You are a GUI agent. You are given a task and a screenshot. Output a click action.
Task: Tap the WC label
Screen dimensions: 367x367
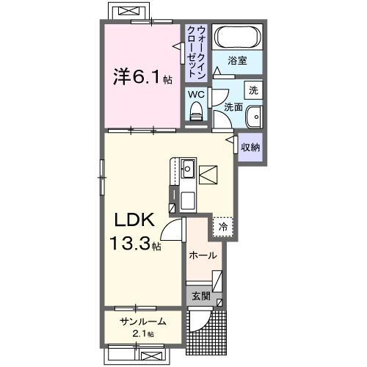195,94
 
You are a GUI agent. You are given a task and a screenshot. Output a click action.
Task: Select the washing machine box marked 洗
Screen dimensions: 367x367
252,91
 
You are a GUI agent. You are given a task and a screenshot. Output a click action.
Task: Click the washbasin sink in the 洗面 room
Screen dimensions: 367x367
253,118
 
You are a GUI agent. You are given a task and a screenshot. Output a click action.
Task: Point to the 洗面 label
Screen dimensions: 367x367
233,106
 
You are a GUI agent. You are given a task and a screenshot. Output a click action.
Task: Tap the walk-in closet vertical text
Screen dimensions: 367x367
197,51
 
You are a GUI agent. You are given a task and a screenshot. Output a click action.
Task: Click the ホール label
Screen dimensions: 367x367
203,255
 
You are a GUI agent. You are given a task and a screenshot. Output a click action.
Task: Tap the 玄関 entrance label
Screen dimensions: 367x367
200,297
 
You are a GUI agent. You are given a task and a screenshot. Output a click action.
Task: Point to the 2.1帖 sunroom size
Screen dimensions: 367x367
142,334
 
